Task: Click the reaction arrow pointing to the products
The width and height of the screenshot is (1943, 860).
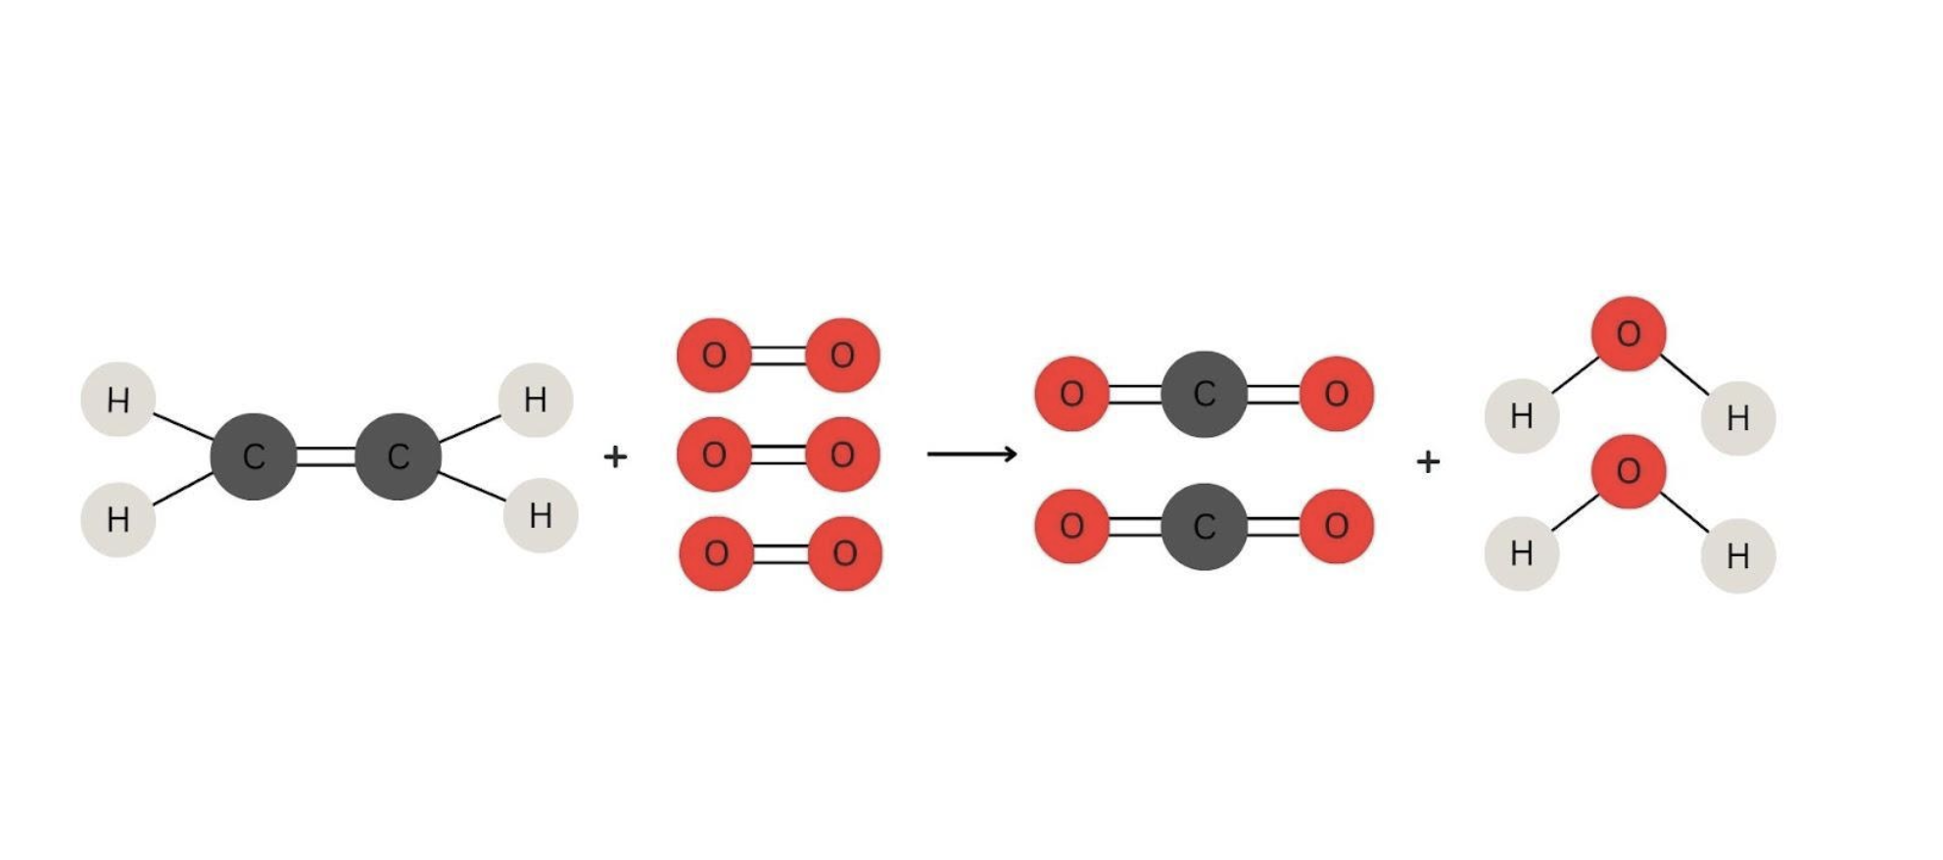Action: click(971, 454)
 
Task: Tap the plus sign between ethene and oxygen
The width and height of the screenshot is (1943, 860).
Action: click(615, 456)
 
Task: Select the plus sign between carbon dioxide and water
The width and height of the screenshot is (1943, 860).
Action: click(1428, 460)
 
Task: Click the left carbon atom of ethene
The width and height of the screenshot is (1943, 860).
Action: click(254, 456)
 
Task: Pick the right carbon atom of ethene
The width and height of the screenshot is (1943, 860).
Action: click(398, 456)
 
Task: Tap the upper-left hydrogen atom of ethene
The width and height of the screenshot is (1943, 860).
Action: click(118, 400)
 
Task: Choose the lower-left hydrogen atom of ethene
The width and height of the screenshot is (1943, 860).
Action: click(118, 519)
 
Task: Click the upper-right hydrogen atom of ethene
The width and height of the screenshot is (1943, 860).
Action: click(536, 400)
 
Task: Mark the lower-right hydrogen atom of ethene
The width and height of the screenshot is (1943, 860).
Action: click(541, 515)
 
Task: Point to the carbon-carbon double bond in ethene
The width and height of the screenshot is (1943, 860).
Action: click(326, 456)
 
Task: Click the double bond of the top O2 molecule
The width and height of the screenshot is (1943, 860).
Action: click(779, 356)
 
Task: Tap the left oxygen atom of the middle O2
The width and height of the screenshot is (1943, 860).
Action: click(714, 454)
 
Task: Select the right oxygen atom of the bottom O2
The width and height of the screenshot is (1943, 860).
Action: click(845, 553)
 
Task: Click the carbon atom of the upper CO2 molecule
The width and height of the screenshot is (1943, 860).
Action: click(1205, 394)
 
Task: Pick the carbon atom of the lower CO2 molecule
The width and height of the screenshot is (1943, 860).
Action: click(1205, 527)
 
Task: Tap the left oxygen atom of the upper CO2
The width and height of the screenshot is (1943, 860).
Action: click(1072, 394)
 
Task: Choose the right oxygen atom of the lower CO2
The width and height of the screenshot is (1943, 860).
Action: click(1337, 527)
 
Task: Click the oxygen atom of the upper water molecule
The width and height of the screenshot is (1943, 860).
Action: click(1629, 334)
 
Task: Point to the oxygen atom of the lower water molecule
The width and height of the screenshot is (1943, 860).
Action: click(1629, 471)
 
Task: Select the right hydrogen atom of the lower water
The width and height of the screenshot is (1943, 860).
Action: click(1738, 556)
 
